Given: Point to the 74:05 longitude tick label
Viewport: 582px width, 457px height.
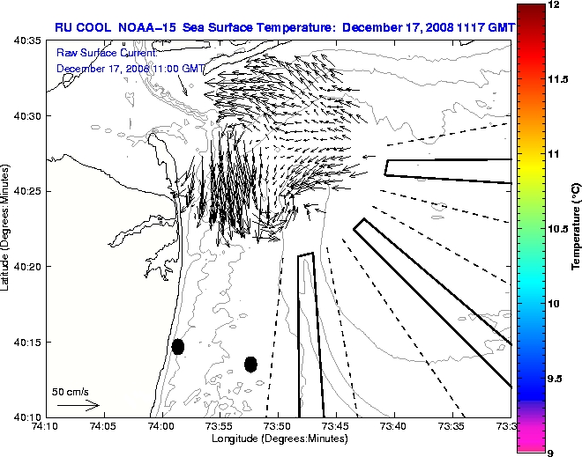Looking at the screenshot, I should (102, 427).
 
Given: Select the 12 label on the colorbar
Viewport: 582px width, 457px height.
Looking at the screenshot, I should (556, 5).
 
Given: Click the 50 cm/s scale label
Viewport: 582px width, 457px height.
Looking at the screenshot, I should (71, 392).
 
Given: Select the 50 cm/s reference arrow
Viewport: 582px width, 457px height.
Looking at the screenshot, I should (78, 406).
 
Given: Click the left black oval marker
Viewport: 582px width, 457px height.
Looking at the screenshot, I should (178, 346).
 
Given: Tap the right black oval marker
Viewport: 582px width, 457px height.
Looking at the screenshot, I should (250, 364).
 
